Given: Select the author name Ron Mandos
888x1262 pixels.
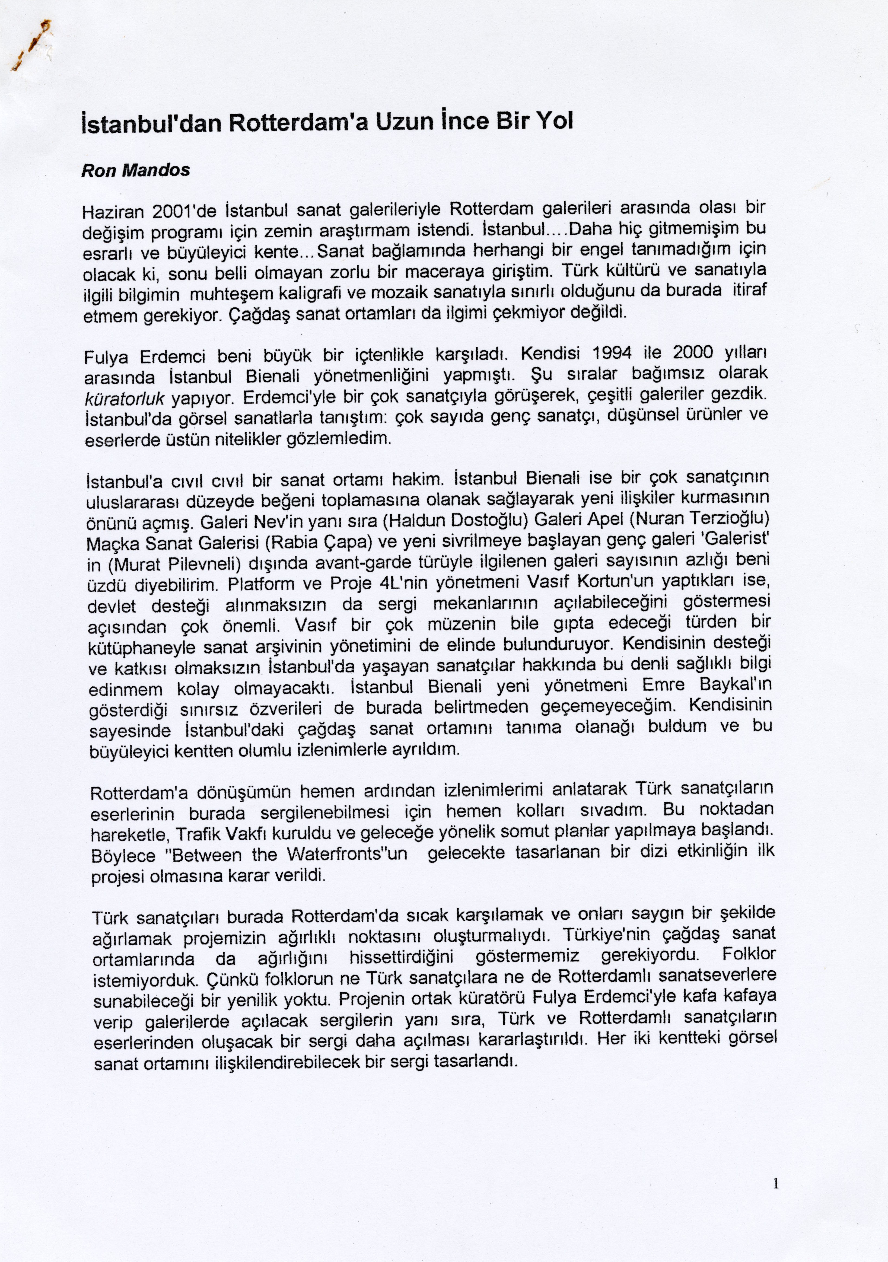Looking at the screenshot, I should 135,170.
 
